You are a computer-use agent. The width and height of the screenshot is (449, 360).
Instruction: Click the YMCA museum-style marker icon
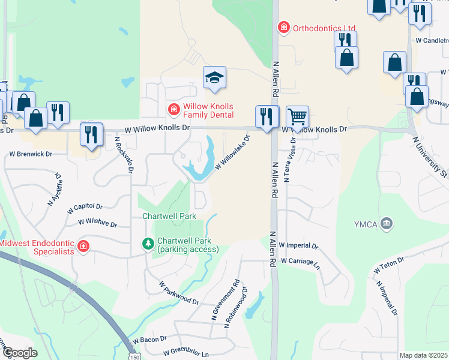tap(387, 224)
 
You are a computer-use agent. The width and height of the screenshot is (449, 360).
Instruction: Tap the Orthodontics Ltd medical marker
tap(282, 27)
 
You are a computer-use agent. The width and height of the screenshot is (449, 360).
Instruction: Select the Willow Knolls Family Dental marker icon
tap(173, 109)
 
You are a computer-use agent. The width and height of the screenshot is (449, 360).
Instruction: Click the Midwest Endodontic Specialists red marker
tap(83, 246)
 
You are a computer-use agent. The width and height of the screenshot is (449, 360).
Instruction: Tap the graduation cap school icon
tap(214, 77)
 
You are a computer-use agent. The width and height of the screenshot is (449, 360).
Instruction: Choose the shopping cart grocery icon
tap(297, 116)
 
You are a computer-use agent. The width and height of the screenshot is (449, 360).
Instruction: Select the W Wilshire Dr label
tap(97, 223)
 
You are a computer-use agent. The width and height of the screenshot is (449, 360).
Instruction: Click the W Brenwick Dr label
tap(31, 154)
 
